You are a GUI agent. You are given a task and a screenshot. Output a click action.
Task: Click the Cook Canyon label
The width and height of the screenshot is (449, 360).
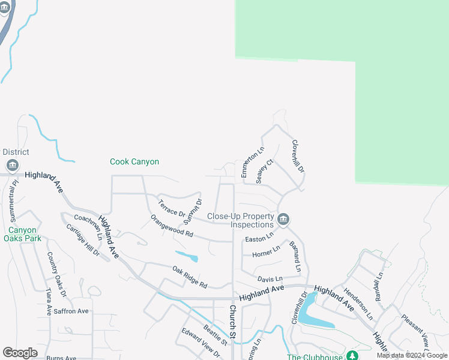click(134, 162)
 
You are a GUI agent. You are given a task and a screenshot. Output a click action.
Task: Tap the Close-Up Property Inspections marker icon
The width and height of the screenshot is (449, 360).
click(283, 218)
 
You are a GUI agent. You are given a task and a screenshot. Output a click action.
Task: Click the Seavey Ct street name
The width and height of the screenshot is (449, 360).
click(264, 172)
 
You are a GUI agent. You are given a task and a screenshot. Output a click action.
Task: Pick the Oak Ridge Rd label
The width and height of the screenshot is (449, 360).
click(189, 277)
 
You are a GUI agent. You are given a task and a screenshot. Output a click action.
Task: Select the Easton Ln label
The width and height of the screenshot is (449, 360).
click(259, 238)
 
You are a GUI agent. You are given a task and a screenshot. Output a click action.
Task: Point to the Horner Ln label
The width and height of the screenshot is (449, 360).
click(266, 251)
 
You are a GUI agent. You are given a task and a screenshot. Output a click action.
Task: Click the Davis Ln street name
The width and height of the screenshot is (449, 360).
click(270, 279)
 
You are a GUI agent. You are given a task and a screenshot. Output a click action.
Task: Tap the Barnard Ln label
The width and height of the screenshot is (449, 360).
click(294, 256)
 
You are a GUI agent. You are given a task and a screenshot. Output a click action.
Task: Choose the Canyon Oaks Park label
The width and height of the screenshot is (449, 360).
click(23, 234)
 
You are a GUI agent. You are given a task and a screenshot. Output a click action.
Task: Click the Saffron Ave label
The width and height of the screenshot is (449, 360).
click(71, 311)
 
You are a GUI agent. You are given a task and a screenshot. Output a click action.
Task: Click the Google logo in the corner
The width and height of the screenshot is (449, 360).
click(20, 353)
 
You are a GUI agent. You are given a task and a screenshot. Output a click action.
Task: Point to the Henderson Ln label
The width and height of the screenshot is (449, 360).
click(358, 303)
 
